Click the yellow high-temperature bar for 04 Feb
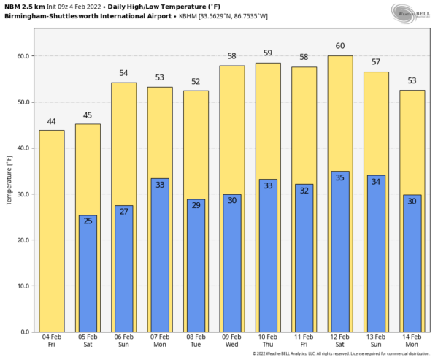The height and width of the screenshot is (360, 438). (x=52, y=230)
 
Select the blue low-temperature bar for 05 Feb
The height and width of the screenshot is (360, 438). (x=88, y=277)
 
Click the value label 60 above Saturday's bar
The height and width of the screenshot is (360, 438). (x=340, y=46)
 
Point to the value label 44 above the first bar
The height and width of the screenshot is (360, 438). (x=52, y=120)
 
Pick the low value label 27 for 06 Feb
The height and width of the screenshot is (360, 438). (x=123, y=212)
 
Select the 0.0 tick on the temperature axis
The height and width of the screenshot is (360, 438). (x=25, y=332)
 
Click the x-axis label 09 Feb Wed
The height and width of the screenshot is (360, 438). (x=232, y=340)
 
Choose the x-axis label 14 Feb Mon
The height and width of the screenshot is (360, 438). (x=412, y=340)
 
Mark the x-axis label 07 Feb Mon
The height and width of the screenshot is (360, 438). (x=160, y=340)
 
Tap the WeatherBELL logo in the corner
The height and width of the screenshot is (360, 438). (x=412, y=12)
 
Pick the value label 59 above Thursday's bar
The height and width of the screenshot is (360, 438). (x=268, y=53)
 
